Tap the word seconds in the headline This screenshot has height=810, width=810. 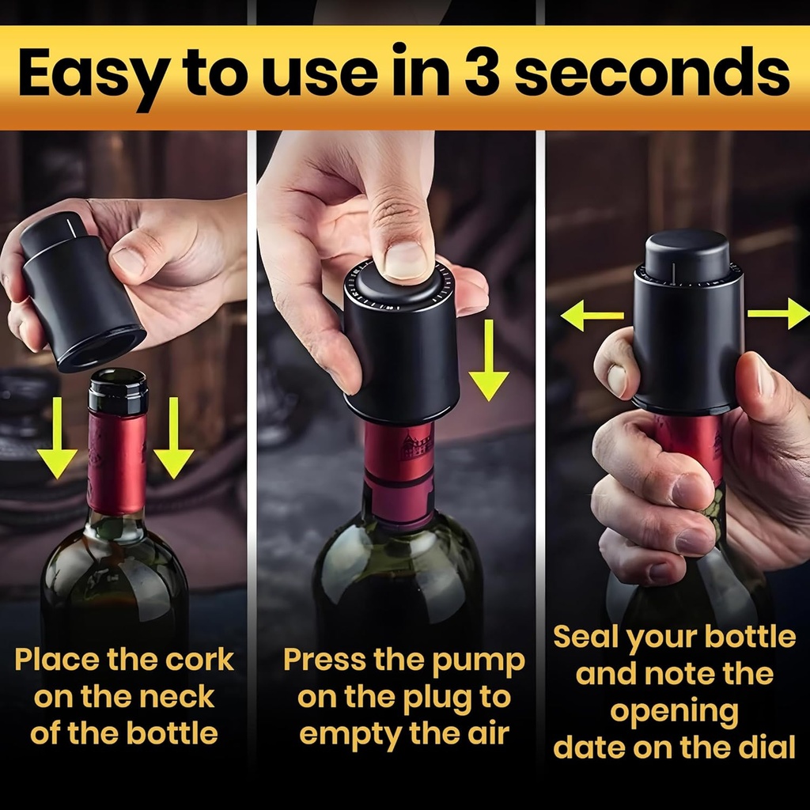click(x=653, y=74)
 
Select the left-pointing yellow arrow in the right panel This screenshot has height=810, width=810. click(x=591, y=316)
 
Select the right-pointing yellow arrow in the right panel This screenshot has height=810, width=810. click(x=778, y=313)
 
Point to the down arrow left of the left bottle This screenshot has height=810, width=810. click(x=57, y=439)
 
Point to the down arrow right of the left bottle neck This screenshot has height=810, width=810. click(x=173, y=439)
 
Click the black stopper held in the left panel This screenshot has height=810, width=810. click(x=79, y=293)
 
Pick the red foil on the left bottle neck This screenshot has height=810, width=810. click(x=117, y=463)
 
